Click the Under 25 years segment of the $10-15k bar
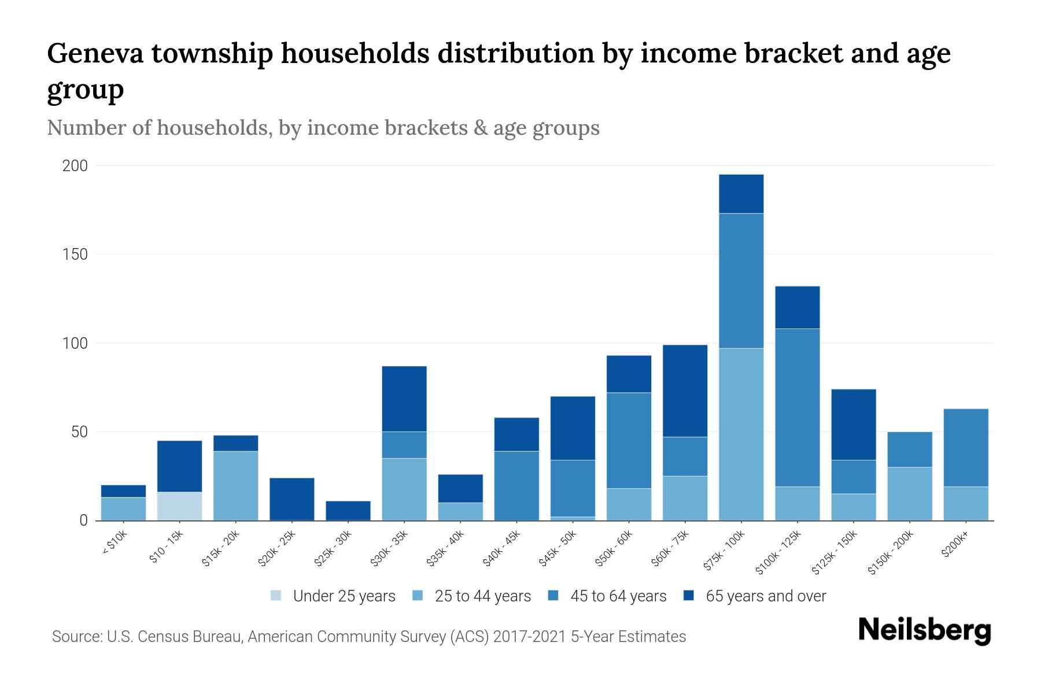point(179,506)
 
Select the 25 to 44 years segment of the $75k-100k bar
point(741,434)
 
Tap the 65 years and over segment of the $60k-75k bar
point(685,391)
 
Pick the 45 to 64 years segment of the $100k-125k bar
point(797,408)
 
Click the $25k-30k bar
point(348,511)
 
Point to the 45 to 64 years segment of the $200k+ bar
point(965,448)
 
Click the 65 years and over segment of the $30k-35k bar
point(404,399)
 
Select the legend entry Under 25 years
point(344,596)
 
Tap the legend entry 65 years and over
point(765,596)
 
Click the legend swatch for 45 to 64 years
point(553,596)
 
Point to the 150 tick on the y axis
point(75,254)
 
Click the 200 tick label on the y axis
point(75,166)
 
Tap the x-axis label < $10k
point(115,543)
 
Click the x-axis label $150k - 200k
point(891,552)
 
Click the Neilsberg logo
point(924,630)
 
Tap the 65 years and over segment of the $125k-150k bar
point(853,424)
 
